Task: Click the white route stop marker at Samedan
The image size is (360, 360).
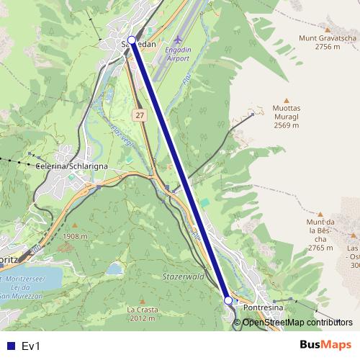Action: pos(131,40)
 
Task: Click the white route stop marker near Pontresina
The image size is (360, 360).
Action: pos(228,300)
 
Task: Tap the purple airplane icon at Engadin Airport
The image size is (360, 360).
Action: pos(179,39)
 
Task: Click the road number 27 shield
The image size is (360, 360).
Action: pos(139,115)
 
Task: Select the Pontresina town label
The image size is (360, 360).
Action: pos(264,308)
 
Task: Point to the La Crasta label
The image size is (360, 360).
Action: pos(141,310)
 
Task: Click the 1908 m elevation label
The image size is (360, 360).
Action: pos(75,236)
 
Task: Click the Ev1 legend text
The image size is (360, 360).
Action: pos(32,346)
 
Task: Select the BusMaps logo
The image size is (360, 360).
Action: pos(325,345)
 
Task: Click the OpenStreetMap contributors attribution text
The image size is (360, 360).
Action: pos(297,322)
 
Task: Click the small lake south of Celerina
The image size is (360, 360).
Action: pos(115,269)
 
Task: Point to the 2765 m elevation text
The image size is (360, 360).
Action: pos(320,248)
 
